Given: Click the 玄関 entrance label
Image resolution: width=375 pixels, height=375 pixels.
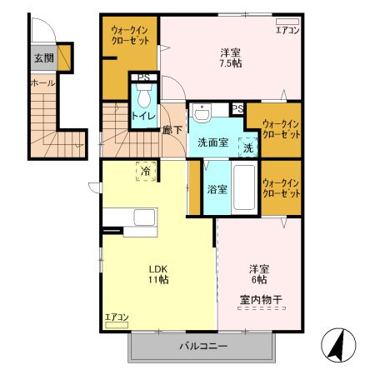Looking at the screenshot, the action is (44, 58).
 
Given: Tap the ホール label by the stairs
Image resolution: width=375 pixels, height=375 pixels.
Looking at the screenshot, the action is (42, 82).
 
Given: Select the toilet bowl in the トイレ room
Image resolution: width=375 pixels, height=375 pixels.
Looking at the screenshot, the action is (143, 97).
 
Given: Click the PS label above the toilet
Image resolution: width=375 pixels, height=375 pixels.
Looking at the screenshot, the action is (144, 77).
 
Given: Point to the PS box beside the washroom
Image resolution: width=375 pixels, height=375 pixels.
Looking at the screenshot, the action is (237, 108).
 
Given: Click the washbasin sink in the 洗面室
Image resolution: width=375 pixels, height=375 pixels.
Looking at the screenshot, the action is (202, 113).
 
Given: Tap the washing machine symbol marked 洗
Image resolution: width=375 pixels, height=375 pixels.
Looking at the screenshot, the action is (248, 147).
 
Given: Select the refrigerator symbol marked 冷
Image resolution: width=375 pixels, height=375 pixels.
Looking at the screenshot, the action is (146, 171).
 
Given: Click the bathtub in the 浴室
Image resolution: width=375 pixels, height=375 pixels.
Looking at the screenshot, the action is (244, 187).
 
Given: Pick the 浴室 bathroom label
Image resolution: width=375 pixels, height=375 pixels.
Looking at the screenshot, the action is (217, 190).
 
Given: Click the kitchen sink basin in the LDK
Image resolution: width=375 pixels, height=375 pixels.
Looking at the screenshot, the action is (144, 217).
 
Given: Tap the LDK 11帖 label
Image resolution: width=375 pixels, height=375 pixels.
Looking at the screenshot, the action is (158, 274).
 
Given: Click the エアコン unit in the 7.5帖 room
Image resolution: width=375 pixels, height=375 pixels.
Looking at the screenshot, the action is (287, 22).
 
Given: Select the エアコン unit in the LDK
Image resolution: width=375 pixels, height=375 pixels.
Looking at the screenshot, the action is (117, 325).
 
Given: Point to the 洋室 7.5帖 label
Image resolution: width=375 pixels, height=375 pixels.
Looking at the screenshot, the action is (231, 58).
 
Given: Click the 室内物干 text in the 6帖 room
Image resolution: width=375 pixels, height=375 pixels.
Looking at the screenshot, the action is (261, 300).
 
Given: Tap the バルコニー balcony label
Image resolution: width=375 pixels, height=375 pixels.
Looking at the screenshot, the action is (203, 346).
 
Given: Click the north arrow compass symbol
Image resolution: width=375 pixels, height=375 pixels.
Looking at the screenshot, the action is (338, 345).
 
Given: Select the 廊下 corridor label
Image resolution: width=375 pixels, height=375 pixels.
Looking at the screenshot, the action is (172, 130).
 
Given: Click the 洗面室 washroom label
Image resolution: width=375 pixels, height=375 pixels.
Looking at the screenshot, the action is (212, 142).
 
